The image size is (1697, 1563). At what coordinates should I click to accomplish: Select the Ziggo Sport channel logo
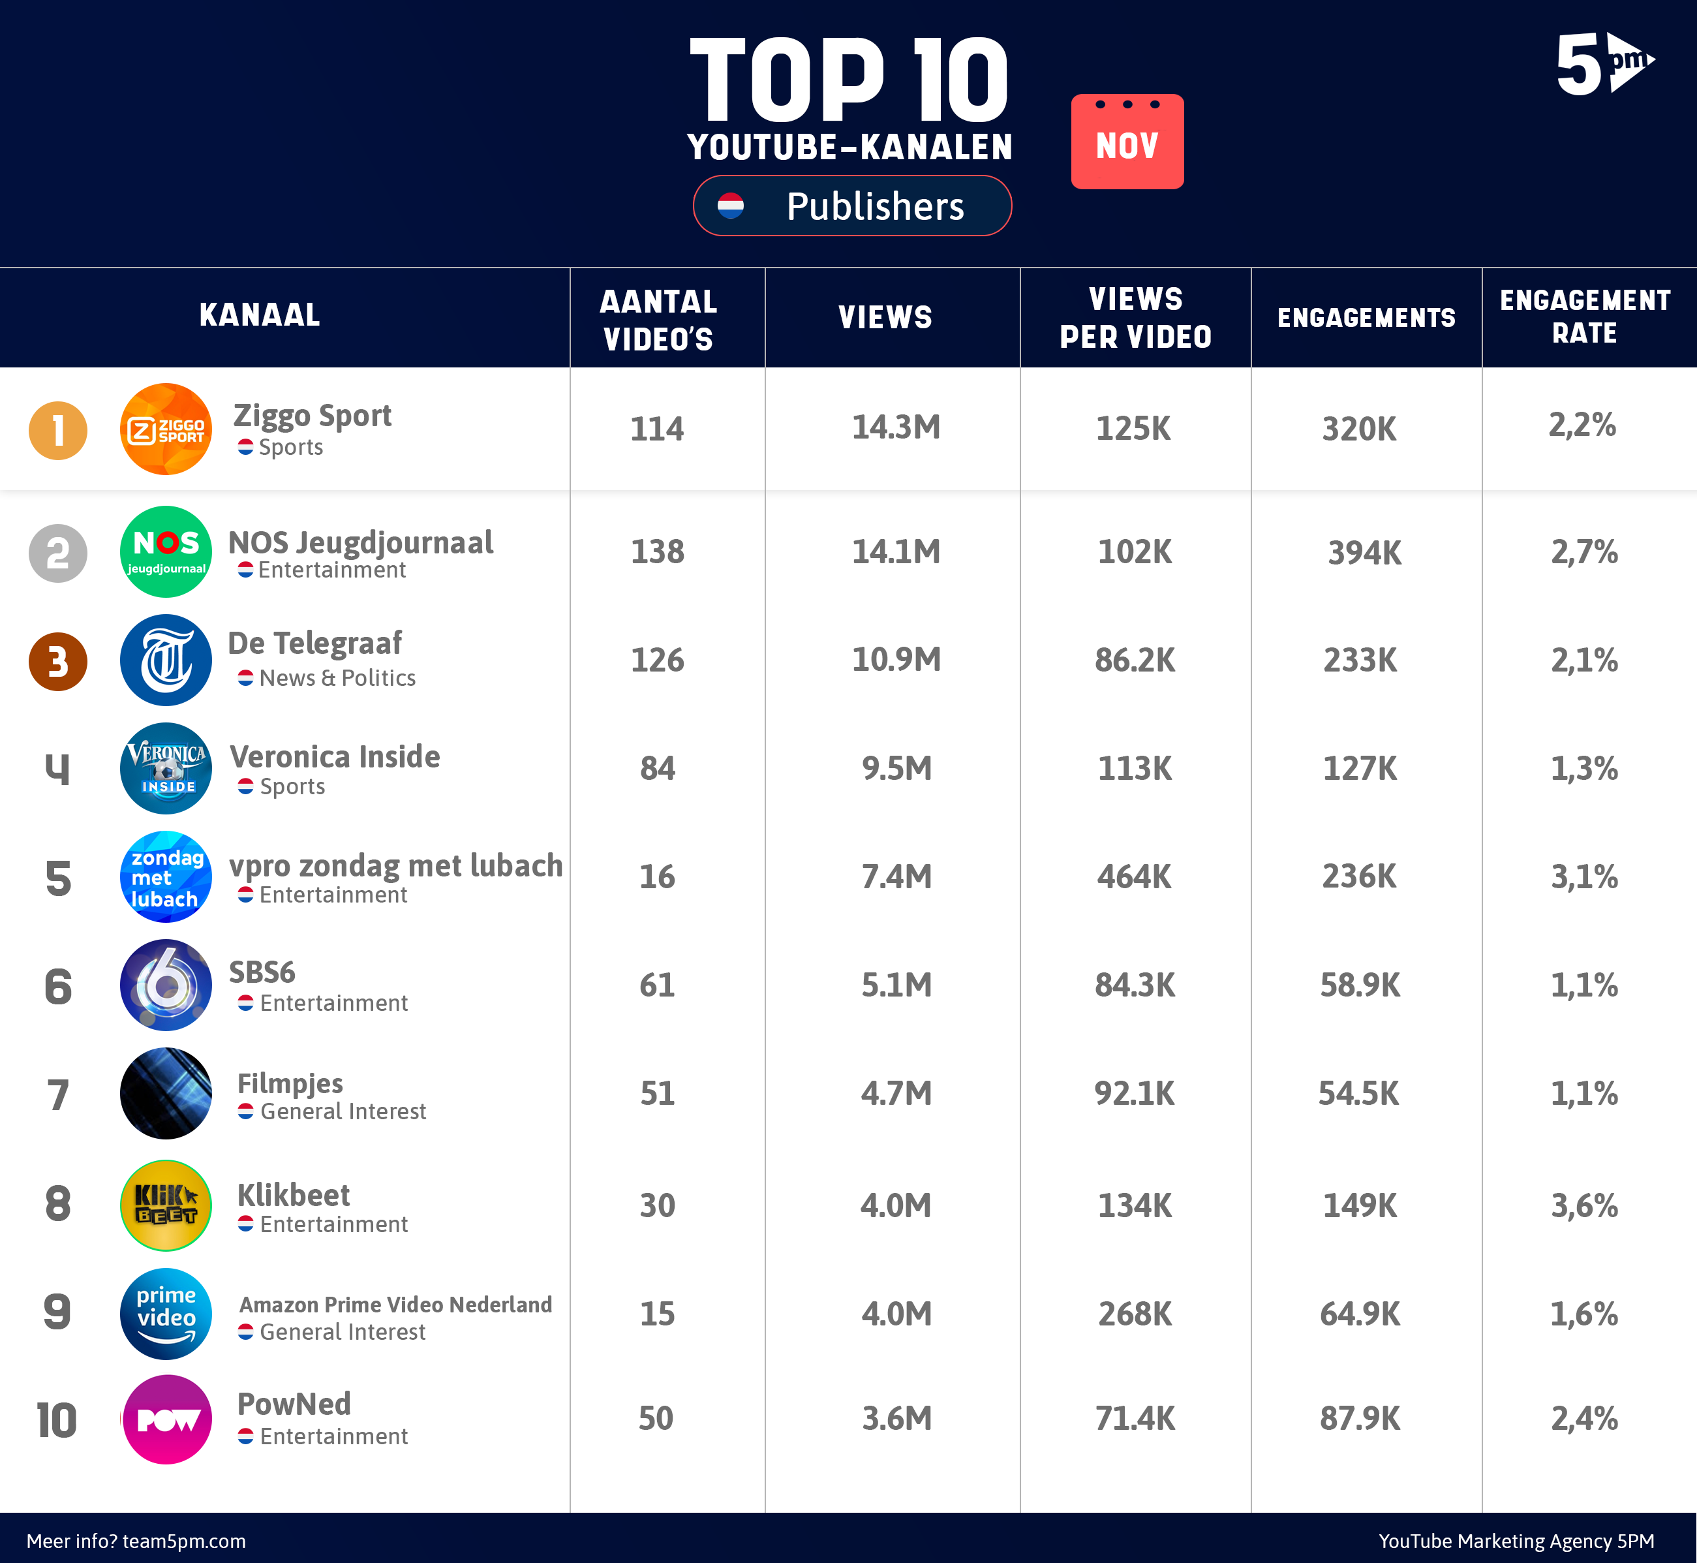pyautogui.click(x=166, y=429)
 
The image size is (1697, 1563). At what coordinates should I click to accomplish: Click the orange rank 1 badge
pyautogui.click(x=58, y=431)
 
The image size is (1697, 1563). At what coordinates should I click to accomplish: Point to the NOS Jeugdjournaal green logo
pyautogui.click(x=166, y=551)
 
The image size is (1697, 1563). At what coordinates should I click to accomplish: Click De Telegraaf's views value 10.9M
pyautogui.click(x=895, y=660)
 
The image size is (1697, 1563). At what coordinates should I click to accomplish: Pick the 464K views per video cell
pyautogui.click(x=1134, y=877)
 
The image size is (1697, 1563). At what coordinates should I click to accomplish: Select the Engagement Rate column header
pyautogui.click(x=1585, y=317)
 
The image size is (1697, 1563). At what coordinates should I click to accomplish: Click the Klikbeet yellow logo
pyautogui.click(x=166, y=1204)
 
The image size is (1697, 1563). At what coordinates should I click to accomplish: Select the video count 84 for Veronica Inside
pyautogui.click(x=657, y=768)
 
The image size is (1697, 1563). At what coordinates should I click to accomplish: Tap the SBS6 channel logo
pyautogui.click(x=166, y=985)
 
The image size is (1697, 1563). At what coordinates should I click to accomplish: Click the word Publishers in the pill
pyautogui.click(x=874, y=206)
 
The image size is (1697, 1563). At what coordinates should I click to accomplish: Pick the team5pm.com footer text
pyautogui.click(x=136, y=1541)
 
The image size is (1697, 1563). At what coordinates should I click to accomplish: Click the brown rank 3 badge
pyautogui.click(x=58, y=661)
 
